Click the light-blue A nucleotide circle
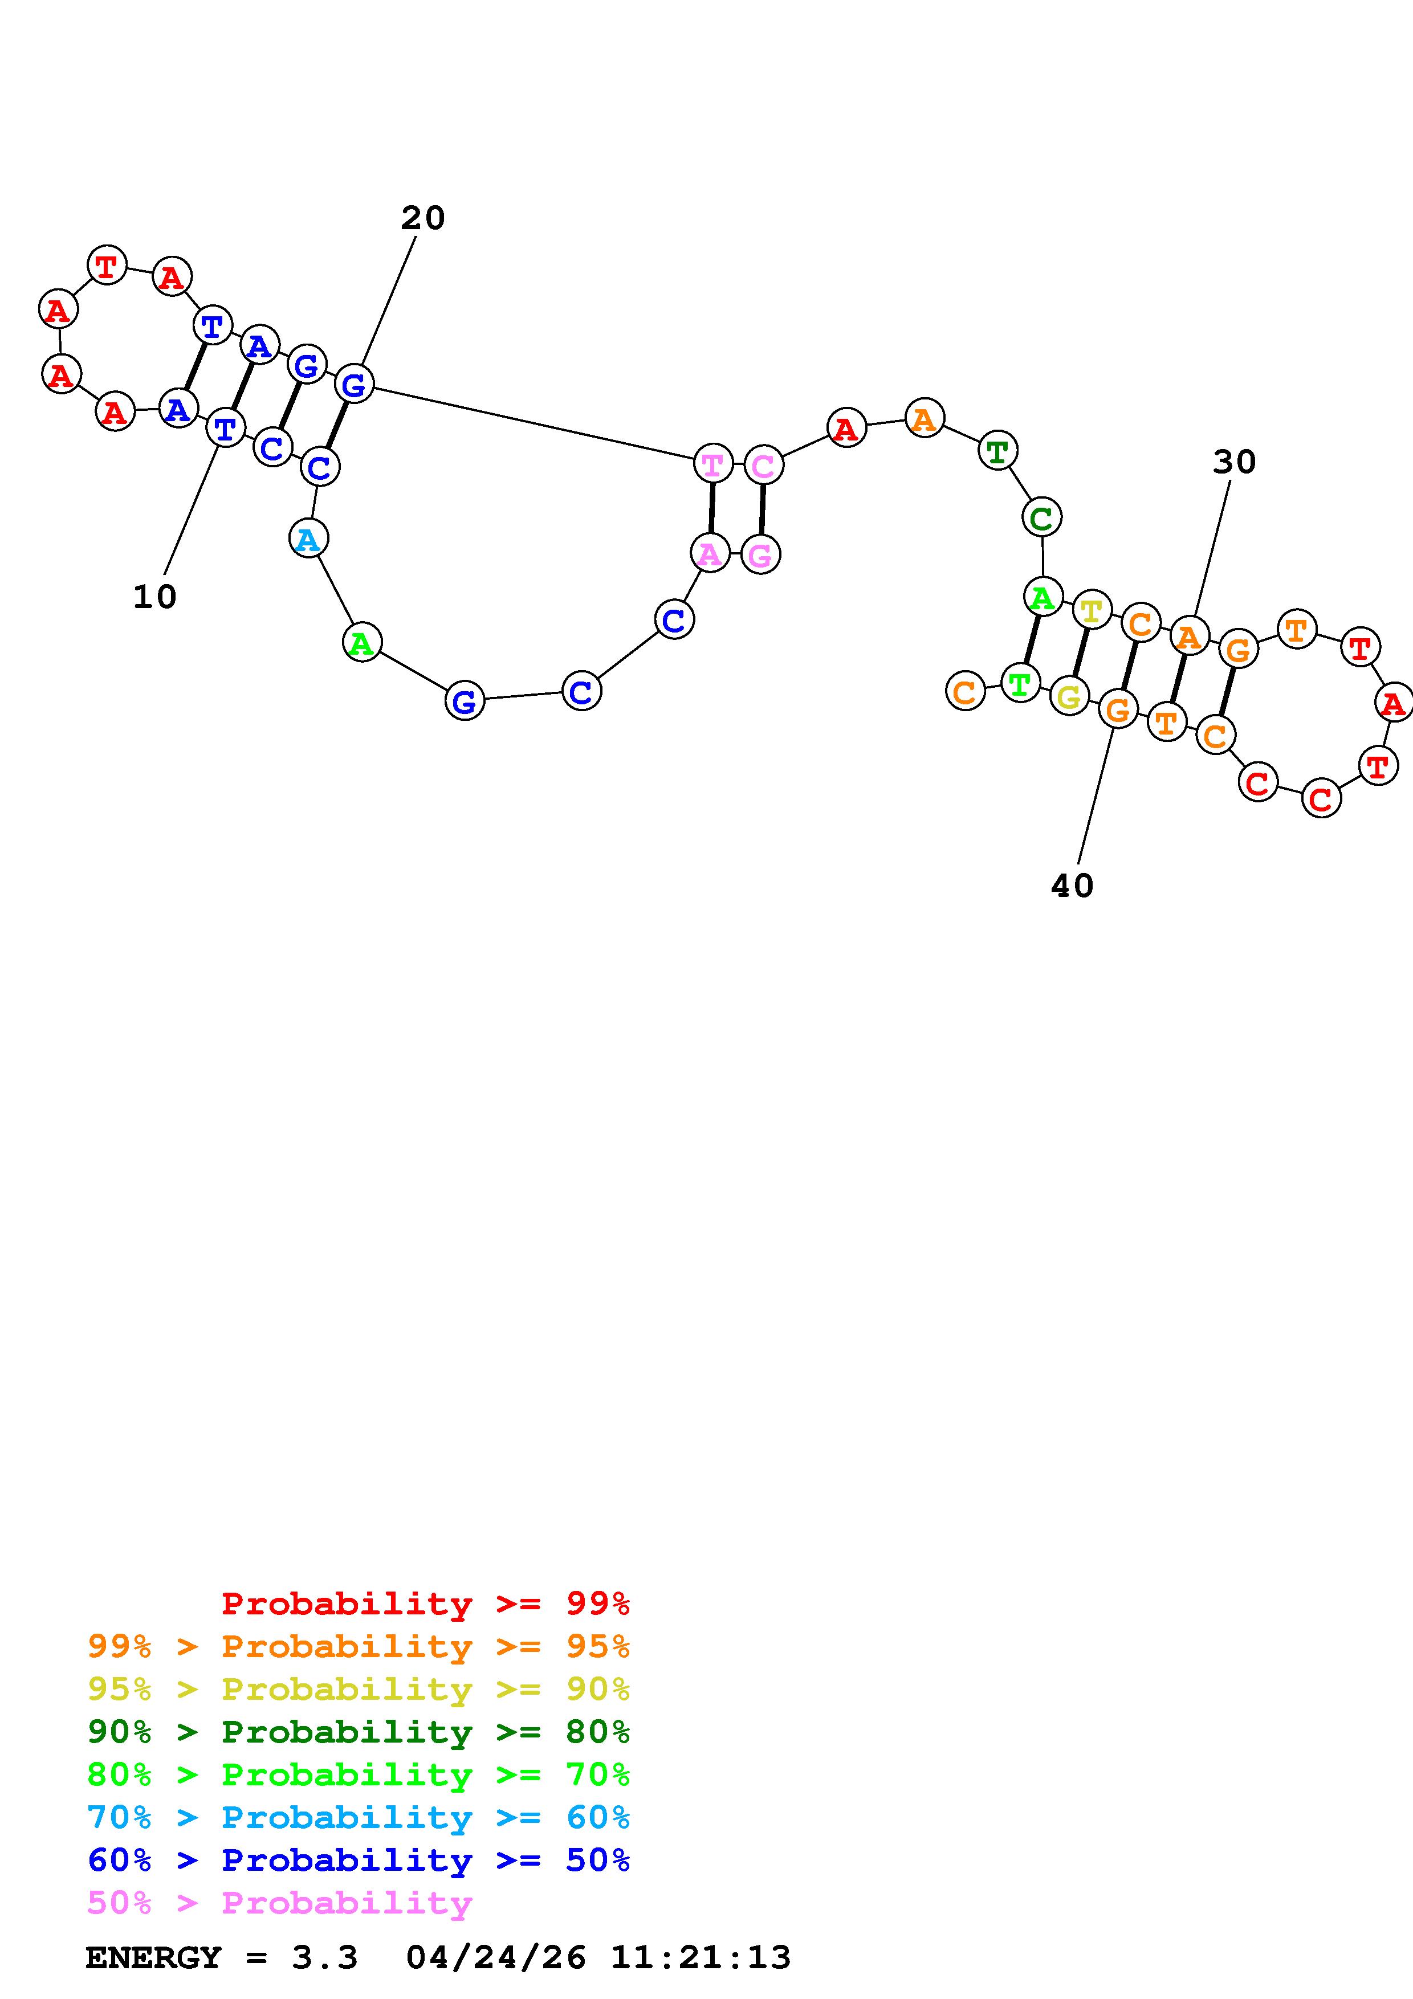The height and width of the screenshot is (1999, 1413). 308,539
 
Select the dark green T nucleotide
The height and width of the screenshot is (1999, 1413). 997,451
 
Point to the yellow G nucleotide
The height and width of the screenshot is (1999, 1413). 1069,696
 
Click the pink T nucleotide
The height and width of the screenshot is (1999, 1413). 712,463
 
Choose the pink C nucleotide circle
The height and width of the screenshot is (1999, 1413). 764,466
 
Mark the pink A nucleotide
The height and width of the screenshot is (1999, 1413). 710,553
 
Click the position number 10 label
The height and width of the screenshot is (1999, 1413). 155,597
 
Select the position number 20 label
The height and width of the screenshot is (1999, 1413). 423,218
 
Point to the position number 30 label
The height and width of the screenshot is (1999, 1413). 1235,462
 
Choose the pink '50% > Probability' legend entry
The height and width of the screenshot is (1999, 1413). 279,1903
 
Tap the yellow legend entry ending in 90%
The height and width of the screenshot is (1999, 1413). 359,1689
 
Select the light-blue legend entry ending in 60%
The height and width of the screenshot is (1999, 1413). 359,1818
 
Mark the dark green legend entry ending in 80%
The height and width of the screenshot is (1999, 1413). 359,1732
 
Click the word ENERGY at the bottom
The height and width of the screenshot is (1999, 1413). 153,1958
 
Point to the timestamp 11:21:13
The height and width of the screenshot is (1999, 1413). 701,1958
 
